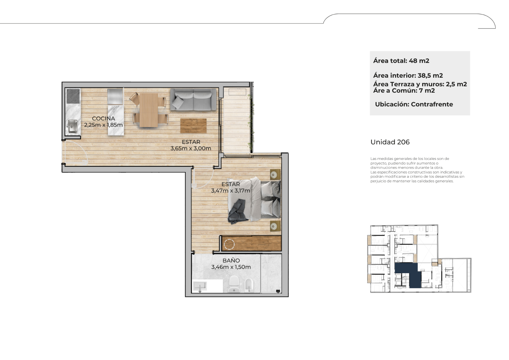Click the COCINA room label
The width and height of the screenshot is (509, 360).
pos(103,118)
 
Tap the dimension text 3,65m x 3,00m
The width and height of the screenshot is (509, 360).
pos(191,149)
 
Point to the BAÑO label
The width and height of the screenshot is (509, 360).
pos(231,260)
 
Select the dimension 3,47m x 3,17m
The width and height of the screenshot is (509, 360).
pos(231,191)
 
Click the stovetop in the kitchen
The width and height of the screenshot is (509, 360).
pos(73,96)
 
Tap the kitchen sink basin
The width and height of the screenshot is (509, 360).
pos(73,126)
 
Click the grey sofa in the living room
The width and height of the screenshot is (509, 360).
pos(193,99)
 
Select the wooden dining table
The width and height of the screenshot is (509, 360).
pos(149,110)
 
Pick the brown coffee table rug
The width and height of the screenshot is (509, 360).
pos(193,126)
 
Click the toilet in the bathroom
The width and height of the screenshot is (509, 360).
pos(234,284)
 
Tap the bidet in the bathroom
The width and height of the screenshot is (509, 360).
pos(249,285)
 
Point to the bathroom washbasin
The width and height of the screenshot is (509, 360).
pos(200,286)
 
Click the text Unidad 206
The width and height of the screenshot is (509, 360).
pos(390,142)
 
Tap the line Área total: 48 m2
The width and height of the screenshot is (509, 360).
pos(401,61)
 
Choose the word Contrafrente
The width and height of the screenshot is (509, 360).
pos(432,104)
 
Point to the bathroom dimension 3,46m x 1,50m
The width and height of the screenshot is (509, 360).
pos(231,267)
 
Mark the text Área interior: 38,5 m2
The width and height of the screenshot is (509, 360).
pos(408,75)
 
